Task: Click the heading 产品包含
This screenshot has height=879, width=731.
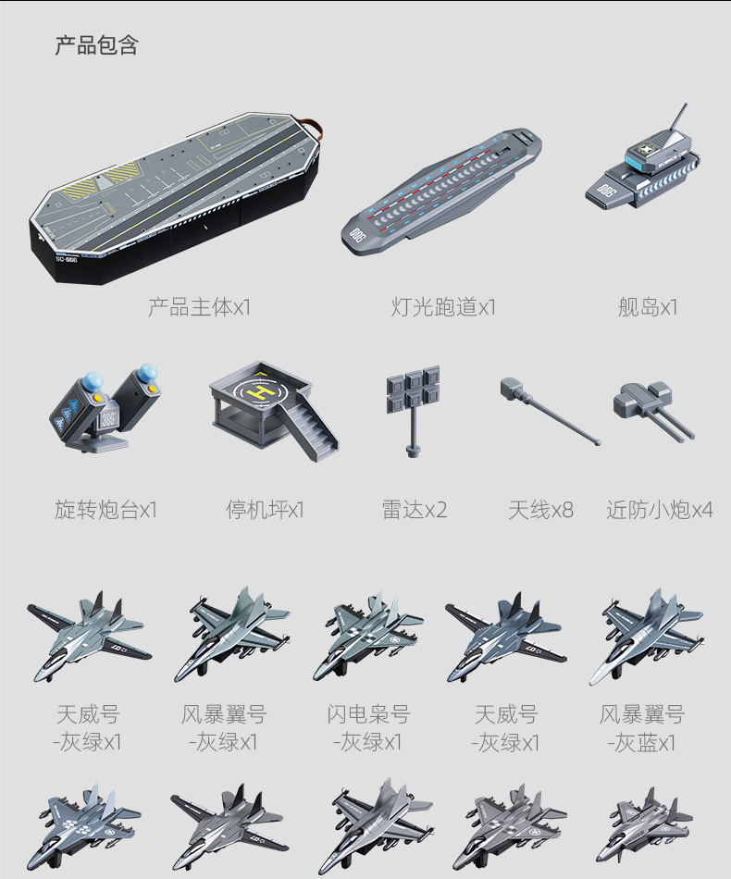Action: pyautogui.click(x=96, y=45)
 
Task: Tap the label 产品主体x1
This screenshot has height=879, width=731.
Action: pyautogui.click(x=199, y=307)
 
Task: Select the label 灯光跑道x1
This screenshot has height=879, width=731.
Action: pyautogui.click(x=443, y=307)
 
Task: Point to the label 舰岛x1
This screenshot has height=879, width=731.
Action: pyautogui.click(x=648, y=307)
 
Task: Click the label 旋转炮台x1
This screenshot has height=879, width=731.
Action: pyautogui.click(x=105, y=510)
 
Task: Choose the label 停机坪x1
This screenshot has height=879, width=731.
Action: pyautogui.click(x=265, y=510)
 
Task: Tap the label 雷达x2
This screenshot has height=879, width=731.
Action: pyautogui.click(x=415, y=510)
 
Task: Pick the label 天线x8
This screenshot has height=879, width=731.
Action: pyautogui.click(x=540, y=510)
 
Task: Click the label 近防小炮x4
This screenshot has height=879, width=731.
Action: pyautogui.click(x=660, y=510)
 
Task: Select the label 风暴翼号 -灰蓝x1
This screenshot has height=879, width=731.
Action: pyautogui.click(x=642, y=728)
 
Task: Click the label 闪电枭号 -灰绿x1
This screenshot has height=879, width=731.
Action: pyautogui.click(x=367, y=728)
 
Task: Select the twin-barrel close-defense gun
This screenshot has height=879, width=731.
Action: pyautogui.click(x=651, y=408)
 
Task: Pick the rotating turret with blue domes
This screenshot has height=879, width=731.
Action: pyautogui.click(x=105, y=406)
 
